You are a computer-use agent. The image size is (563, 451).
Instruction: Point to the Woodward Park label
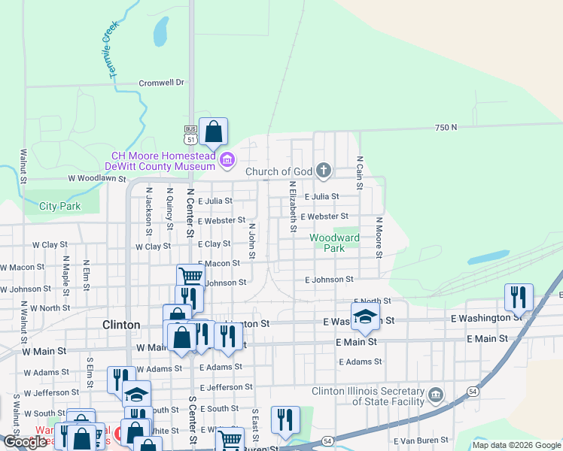335,243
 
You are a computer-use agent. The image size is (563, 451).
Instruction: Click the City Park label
59,206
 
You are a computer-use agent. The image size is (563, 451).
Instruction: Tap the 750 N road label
446,128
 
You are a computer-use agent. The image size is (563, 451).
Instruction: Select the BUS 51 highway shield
190,136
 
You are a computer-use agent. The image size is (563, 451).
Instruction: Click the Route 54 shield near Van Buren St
327,440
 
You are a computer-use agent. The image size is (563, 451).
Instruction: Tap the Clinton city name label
120,325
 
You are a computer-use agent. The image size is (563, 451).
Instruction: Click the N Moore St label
379,237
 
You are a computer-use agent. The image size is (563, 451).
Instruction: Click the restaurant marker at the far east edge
519,297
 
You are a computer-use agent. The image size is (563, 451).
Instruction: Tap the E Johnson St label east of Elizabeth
329,280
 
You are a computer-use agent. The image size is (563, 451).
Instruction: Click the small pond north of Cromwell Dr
160,32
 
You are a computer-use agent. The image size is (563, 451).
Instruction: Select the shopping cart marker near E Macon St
191,277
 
